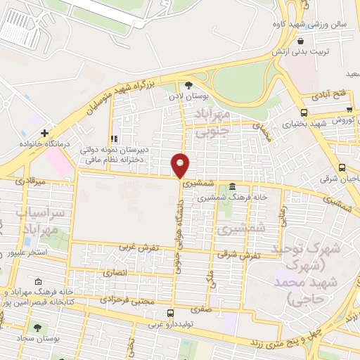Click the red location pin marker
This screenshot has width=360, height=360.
(x=181, y=165)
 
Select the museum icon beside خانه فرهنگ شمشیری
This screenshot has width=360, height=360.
(x=232, y=186)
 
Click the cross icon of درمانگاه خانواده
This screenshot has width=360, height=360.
(x=44, y=132)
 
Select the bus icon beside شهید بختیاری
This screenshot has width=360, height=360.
(x=304, y=112)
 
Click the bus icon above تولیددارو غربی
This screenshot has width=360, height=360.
(x=170, y=314)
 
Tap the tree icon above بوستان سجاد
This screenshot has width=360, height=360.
(x=37, y=328)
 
